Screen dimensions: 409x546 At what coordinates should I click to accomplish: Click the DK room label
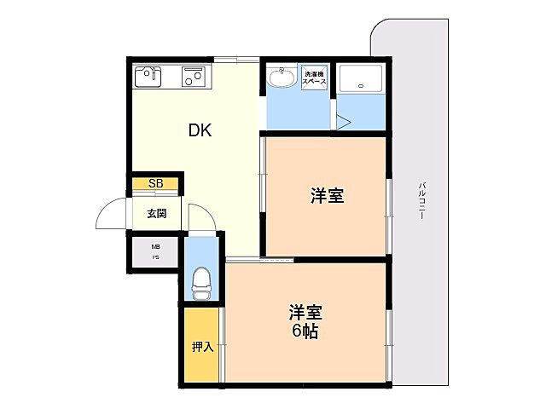(x=200, y=130)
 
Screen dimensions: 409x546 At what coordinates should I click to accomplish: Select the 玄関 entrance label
(x=154, y=213)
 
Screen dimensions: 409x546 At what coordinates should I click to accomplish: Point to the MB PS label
(x=155, y=251)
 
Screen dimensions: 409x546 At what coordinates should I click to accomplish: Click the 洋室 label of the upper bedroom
(x=327, y=196)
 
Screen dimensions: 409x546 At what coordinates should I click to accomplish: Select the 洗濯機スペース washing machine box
(x=316, y=78)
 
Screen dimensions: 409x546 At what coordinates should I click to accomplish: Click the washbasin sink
(x=280, y=78)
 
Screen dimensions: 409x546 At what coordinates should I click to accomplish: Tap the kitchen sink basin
(x=148, y=77)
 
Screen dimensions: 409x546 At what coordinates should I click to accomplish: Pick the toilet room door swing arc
(x=200, y=218)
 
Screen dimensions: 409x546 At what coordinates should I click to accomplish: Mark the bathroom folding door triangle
(x=342, y=122)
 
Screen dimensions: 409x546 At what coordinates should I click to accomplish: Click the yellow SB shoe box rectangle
(x=154, y=183)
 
